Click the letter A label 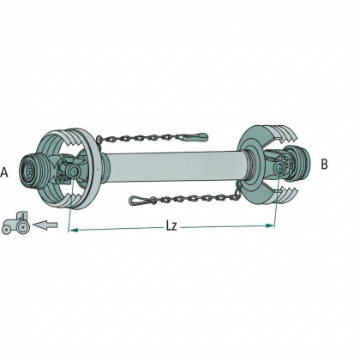coord(4,172)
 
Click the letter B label coord(324,165)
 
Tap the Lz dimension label coord(171,226)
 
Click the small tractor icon coord(16,223)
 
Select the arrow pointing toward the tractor coord(45,225)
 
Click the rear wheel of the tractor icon coord(22,226)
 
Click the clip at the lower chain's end coord(141,200)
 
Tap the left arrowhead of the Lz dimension coord(74,230)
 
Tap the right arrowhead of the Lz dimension coord(270,225)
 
